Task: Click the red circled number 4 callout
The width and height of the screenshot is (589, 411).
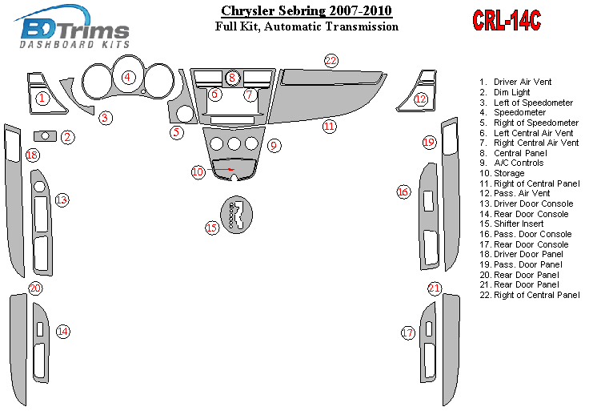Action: click(x=128, y=78)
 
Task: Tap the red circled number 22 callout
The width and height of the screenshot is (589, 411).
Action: click(x=331, y=61)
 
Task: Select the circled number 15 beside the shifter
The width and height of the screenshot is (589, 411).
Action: click(x=212, y=228)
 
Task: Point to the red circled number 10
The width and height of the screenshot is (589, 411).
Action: click(x=198, y=171)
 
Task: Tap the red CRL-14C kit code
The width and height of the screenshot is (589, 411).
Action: click(x=507, y=21)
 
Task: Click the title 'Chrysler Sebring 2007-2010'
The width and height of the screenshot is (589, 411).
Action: click(x=307, y=11)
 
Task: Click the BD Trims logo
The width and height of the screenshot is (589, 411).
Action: click(x=74, y=30)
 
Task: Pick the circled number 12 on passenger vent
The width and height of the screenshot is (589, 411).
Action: click(x=421, y=99)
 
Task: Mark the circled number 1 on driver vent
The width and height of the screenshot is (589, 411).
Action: click(x=42, y=99)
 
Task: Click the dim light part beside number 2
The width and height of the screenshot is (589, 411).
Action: click(x=46, y=136)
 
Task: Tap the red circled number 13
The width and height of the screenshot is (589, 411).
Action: click(x=62, y=199)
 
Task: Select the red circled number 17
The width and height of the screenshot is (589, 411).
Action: click(x=408, y=332)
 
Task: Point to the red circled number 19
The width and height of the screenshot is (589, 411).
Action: click(x=429, y=142)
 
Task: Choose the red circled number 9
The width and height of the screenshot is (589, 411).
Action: click(x=274, y=145)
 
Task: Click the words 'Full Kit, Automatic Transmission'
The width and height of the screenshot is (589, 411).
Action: click(x=307, y=26)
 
